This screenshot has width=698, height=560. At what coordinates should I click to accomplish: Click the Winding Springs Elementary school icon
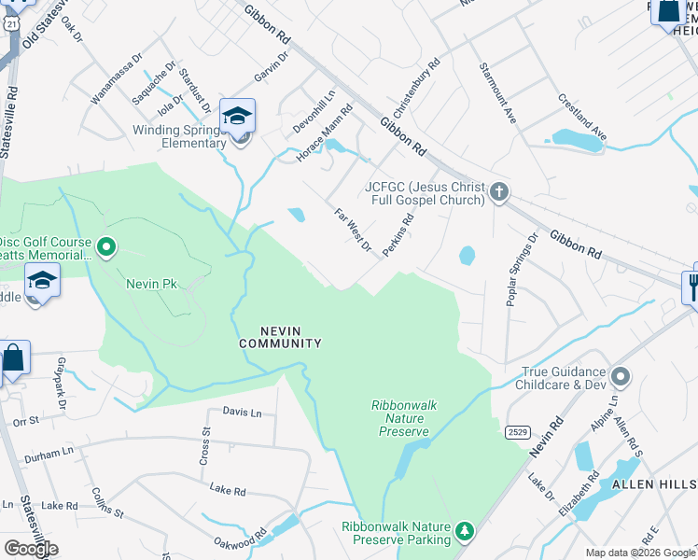click(x=237, y=117)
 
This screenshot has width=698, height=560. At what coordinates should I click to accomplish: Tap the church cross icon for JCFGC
click(x=499, y=192)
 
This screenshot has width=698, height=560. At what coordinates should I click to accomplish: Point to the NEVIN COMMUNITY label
click(x=280, y=337)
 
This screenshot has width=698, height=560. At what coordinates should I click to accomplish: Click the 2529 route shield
click(x=519, y=431)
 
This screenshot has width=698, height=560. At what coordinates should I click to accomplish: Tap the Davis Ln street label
click(x=242, y=412)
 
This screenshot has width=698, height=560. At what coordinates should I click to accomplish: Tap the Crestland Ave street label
click(x=582, y=117)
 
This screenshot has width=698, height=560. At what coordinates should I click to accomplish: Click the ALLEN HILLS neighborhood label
click(x=653, y=484)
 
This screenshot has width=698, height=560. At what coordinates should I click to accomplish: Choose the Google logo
click(x=31, y=548)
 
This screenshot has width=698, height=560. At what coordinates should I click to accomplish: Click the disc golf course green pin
click(x=106, y=247)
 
